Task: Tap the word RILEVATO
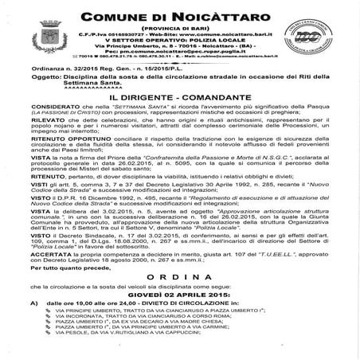(45, 142)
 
